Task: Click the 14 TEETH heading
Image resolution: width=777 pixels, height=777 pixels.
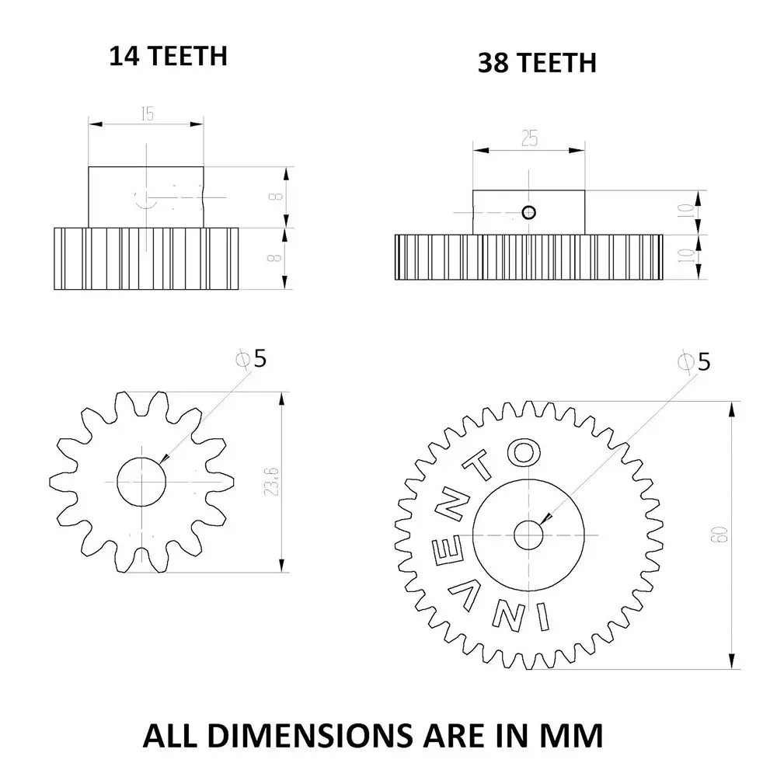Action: click(x=167, y=56)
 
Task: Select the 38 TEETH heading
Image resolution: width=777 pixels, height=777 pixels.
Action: click(x=537, y=62)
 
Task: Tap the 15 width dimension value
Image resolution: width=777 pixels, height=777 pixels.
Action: click(x=147, y=113)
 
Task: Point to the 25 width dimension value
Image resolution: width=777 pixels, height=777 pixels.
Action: click(x=530, y=138)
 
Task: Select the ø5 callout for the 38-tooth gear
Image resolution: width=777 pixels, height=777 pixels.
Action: click(x=695, y=361)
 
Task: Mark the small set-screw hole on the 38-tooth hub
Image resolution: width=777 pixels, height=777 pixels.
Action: click(x=529, y=212)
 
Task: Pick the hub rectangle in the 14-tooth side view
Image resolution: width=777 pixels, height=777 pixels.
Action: click(x=146, y=197)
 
